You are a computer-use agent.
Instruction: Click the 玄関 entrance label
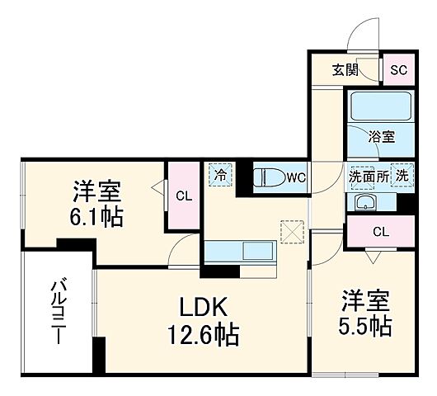(x=344, y=69)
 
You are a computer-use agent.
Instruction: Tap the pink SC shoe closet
(x=398, y=69)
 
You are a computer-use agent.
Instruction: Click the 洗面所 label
(x=367, y=175)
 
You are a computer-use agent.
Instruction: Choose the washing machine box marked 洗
(x=402, y=175)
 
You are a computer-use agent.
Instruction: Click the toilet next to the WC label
(x=270, y=177)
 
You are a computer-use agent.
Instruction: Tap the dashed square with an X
(x=293, y=232)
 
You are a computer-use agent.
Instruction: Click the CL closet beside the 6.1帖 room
(x=184, y=196)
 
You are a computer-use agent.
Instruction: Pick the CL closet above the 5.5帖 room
(x=379, y=232)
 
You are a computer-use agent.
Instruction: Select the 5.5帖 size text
(x=363, y=324)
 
